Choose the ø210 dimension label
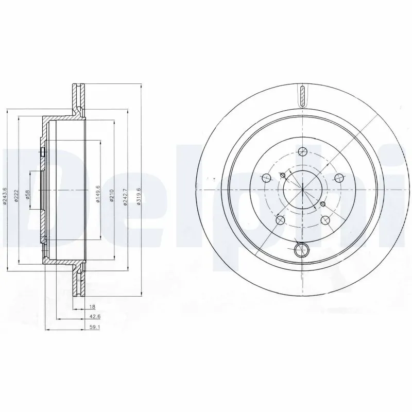pyautogui.click(x=112, y=196)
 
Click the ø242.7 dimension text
pyautogui.click(x=125, y=196)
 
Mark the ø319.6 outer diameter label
pyautogui.click(x=139, y=196)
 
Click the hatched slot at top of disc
pyautogui.click(x=302, y=96)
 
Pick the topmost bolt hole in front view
pyautogui.click(x=302, y=151)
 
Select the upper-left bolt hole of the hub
pyautogui.click(x=266, y=178)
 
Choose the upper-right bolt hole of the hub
pyautogui.click(x=338, y=178)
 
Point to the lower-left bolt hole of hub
pyautogui.click(x=280, y=220)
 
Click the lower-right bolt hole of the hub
pyautogui.click(x=324, y=220)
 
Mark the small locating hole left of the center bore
pyautogui.click(x=281, y=175)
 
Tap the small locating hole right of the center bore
pyautogui.click(x=323, y=204)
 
